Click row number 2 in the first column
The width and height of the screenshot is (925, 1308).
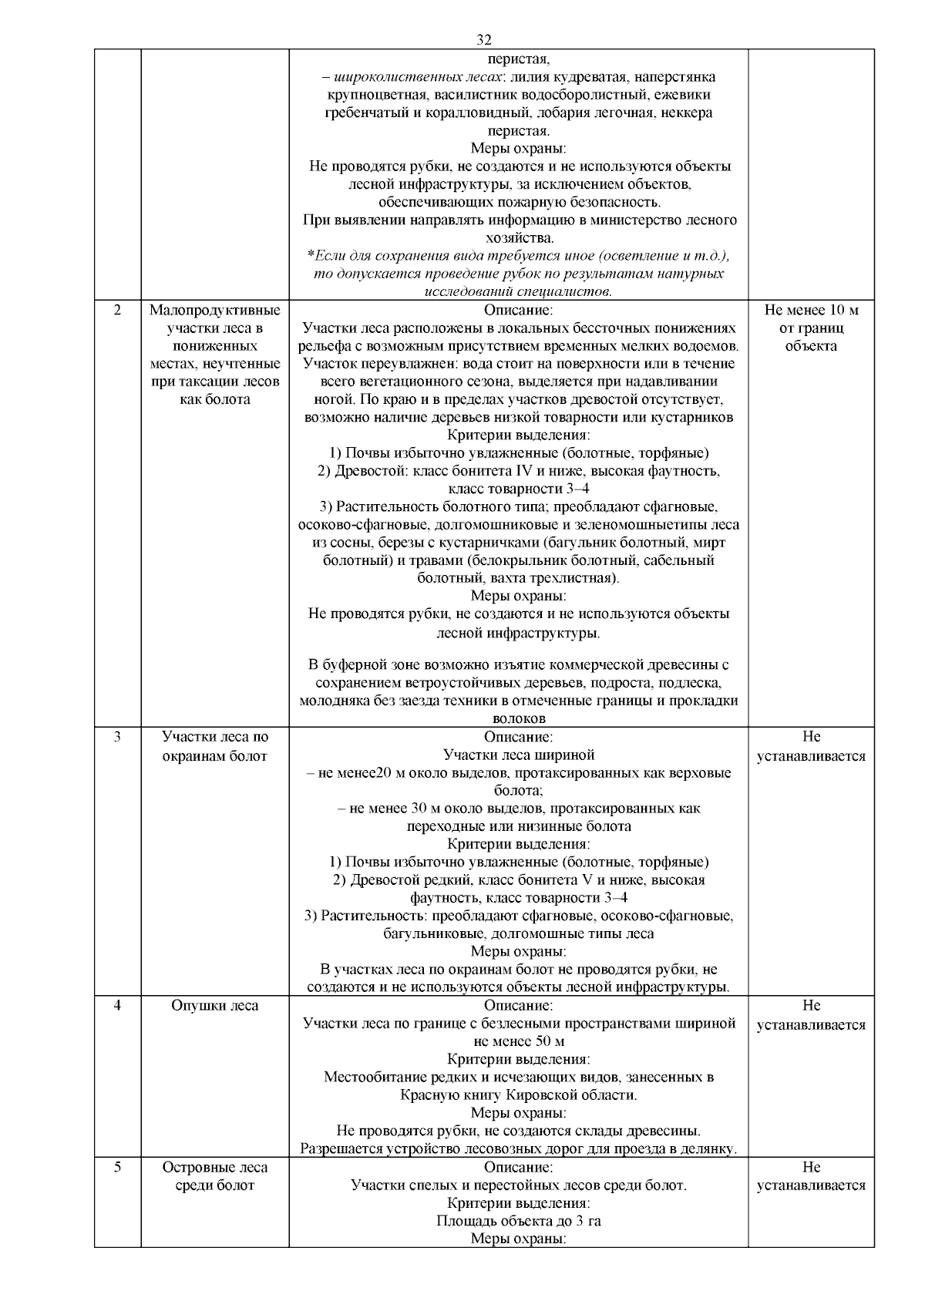click(x=117, y=310)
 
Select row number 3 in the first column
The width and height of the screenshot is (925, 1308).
click(x=117, y=737)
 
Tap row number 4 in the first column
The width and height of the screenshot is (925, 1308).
click(x=117, y=1006)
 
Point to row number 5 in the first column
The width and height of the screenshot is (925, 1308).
click(x=117, y=1167)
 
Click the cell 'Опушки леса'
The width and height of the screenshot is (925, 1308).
click(x=214, y=1006)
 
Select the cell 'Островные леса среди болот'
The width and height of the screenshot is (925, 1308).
click(x=214, y=1176)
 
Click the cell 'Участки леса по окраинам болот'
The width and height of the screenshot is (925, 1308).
click(x=214, y=746)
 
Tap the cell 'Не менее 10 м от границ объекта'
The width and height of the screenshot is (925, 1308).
click(x=811, y=328)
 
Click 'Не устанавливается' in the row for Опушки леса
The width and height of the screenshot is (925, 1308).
click(x=811, y=1015)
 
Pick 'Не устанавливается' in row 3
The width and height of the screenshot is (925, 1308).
click(x=811, y=746)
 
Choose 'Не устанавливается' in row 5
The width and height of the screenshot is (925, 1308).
click(x=811, y=1176)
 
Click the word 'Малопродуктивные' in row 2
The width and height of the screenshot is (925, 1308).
click(x=214, y=310)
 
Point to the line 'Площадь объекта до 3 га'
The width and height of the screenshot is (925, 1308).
click(x=518, y=1221)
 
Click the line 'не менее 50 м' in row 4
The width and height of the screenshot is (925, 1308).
click(x=518, y=1041)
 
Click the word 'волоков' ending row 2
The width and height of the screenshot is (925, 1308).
click(x=518, y=719)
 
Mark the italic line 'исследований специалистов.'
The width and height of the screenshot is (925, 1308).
click(x=518, y=291)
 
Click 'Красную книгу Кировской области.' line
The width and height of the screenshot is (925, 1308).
click(x=518, y=1095)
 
